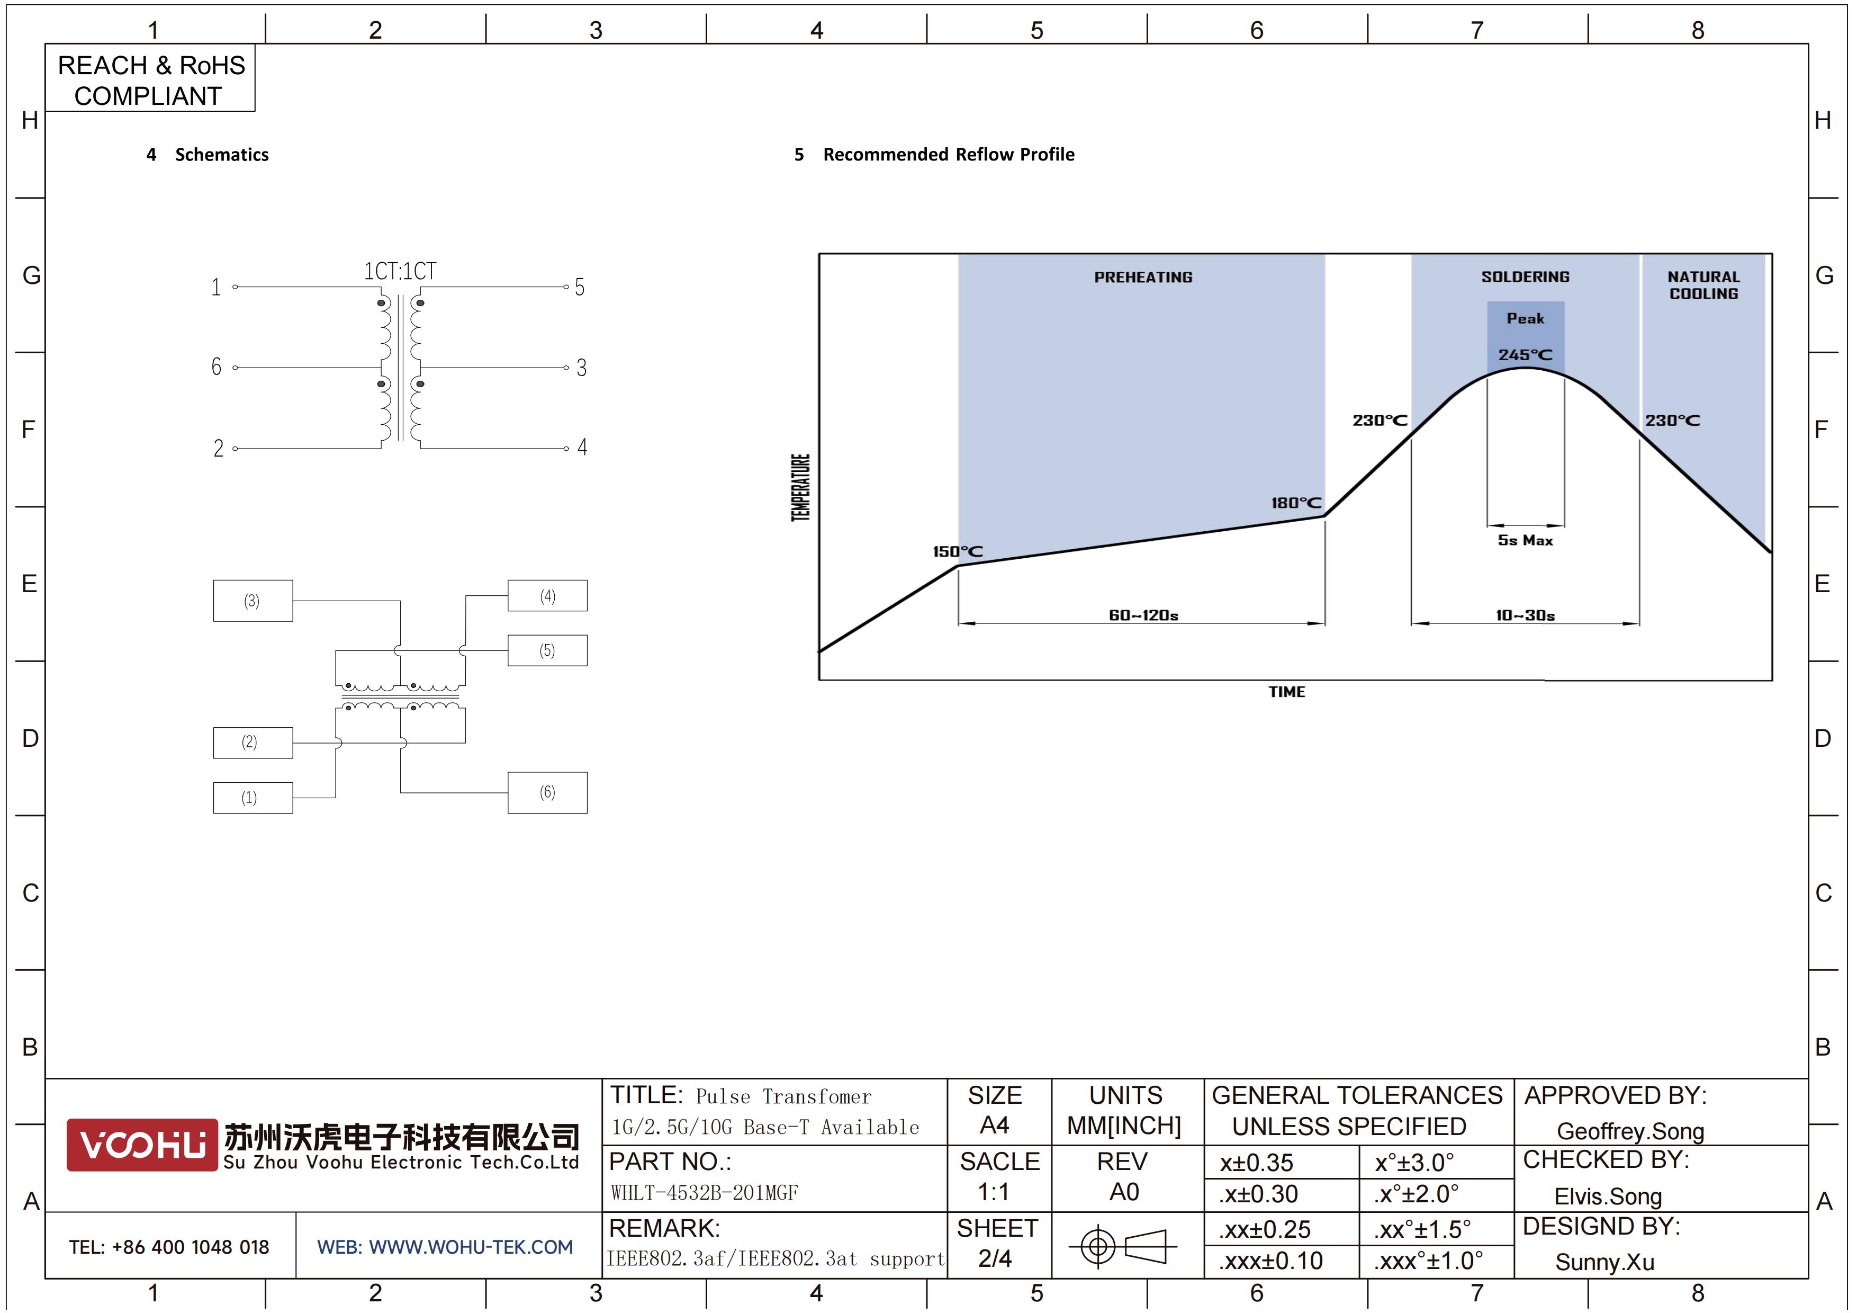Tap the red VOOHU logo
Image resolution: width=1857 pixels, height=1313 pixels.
click(142, 1145)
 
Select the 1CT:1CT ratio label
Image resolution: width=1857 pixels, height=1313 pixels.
click(400, 271)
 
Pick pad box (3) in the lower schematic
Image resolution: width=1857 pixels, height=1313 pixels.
click(253, 600)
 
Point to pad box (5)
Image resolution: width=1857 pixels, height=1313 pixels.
click(547, 650)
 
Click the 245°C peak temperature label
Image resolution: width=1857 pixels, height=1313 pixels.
click(1526, 354)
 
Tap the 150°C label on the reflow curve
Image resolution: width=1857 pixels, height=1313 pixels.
click(958, 552)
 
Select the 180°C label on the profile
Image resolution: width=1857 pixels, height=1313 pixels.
click(1296, 503)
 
